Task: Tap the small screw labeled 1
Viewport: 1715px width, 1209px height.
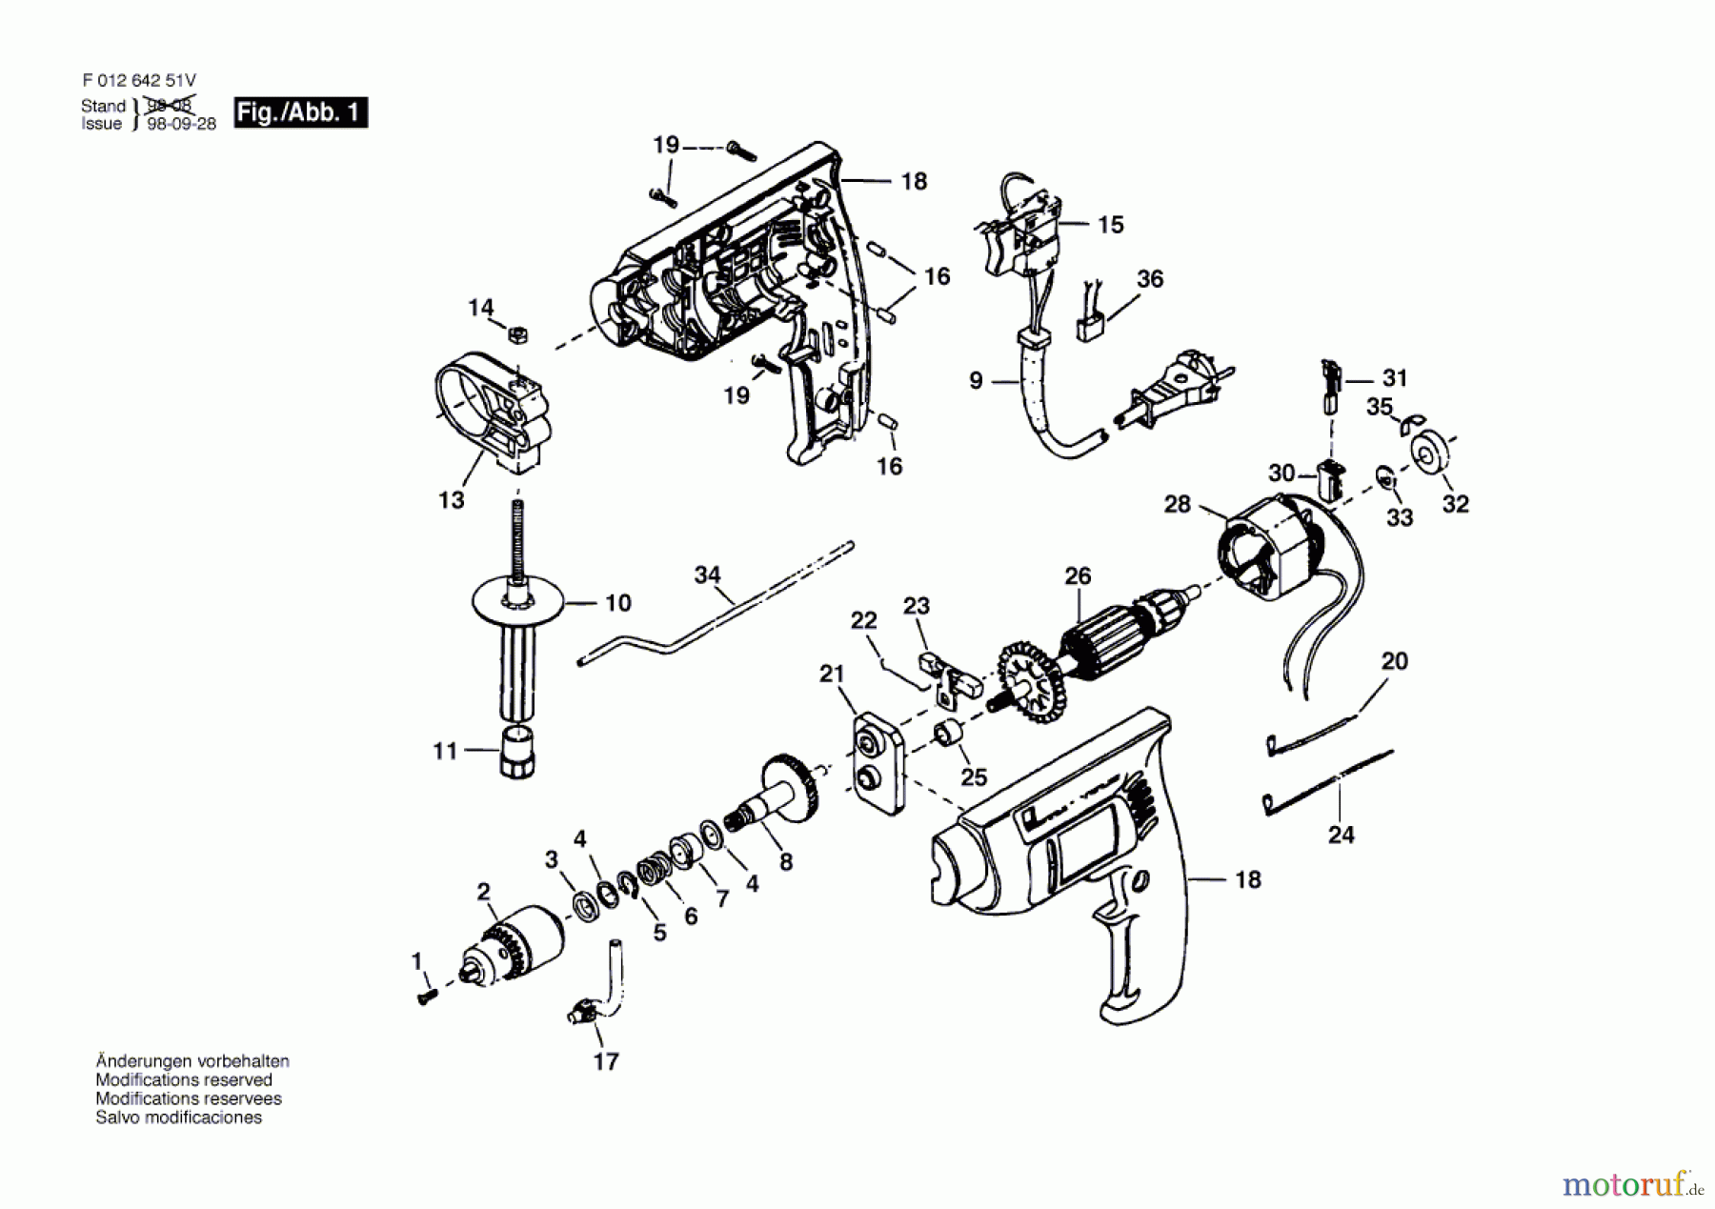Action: [426, 995]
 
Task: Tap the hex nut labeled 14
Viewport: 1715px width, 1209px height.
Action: [518, 334]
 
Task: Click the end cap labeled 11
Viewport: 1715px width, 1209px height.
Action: [516, 753]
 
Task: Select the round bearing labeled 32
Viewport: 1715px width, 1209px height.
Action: [1426, 454]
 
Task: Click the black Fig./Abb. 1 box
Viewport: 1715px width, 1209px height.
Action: [300, 112]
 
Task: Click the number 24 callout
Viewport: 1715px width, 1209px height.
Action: [1341, 835]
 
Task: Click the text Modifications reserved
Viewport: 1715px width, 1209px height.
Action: [184, 1079]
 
